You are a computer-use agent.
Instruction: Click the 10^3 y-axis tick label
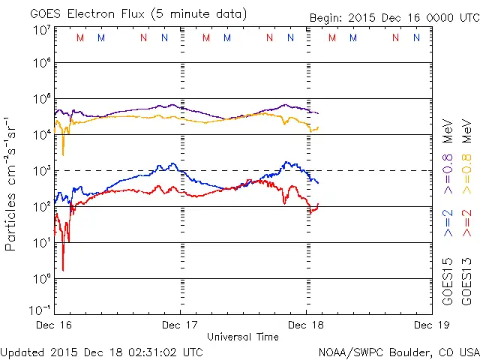coord(41,170)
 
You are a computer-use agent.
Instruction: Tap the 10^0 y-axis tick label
coord(41,278)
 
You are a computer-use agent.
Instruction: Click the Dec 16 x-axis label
coord(55,325)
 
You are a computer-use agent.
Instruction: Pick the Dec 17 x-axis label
coord(180,325)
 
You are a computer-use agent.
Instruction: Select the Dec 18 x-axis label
coord(306,325)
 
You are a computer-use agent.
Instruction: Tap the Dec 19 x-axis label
coord(431,325)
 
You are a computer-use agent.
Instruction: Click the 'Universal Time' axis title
coord(243,337)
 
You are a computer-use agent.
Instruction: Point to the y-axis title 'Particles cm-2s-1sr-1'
coord(10,184)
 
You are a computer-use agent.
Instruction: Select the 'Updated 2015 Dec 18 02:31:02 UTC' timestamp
coord(101,352)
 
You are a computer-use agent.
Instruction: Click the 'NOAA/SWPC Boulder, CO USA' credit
coord(398,352)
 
